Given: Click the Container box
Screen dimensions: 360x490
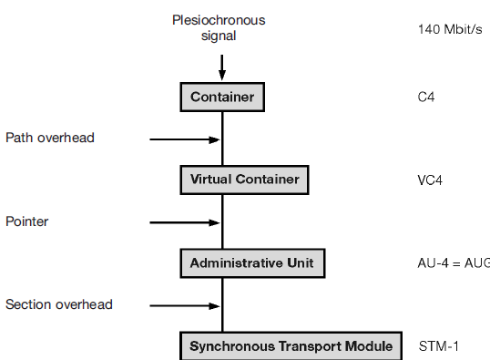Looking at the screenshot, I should [x=222, y=97].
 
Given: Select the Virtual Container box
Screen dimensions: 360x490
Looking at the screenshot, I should [x=244, y=180].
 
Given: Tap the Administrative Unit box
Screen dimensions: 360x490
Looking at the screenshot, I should [x=251, y=263].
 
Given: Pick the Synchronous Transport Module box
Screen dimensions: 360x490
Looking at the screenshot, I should [x=291, y=346].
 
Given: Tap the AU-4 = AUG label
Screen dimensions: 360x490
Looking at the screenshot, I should [x=453, y=263].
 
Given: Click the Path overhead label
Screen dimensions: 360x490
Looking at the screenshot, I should [x=50, y=138].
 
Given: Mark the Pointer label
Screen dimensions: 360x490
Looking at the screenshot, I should [x=27, y=221].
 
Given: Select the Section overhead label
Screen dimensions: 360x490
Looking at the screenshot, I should [x=59, y=304].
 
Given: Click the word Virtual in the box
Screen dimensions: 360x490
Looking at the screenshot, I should [x=211, y=180].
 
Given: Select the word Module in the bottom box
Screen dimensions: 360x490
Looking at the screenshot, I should [x=369, y=346].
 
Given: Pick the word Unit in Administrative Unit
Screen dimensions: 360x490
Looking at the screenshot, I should [x=299, y=263].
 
